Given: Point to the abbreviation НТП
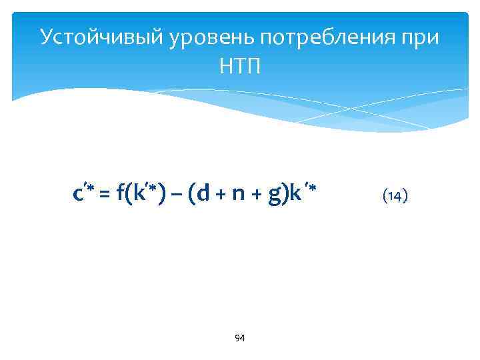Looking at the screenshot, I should [x=240, y=66].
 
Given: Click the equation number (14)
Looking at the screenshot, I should [x=395, y=195].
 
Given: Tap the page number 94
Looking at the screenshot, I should [x=240, y=339].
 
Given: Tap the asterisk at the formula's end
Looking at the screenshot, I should [x=311, y=191].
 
